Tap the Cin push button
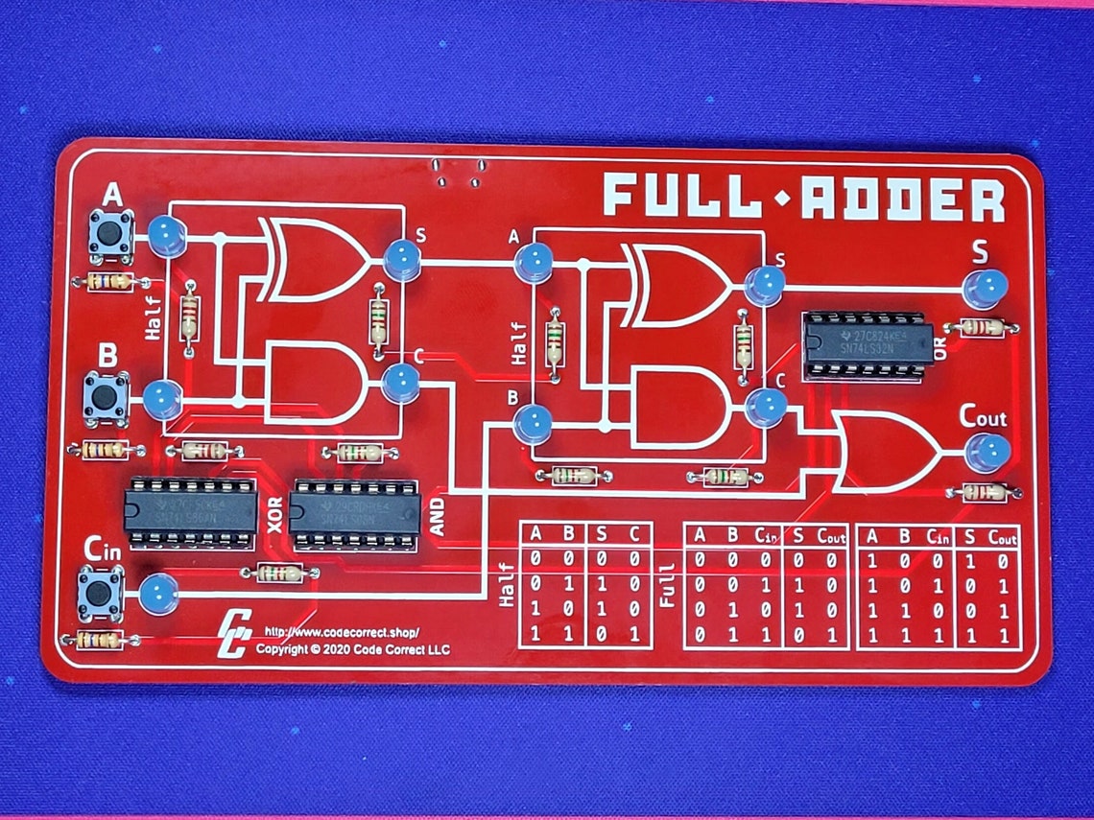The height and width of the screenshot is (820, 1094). point(99,593)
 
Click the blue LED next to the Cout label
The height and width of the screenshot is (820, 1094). point(987,452)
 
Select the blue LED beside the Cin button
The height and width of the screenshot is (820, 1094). point(158,594)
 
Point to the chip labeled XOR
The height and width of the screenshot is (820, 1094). point(191,512)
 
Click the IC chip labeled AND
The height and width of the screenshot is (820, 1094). point(355,514)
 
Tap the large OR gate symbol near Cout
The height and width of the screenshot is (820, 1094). point(883,451)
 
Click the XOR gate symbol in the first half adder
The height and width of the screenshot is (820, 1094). point(312,259)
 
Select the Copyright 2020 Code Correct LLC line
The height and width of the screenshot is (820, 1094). point(352,649)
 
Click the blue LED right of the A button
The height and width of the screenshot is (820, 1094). point(165,236)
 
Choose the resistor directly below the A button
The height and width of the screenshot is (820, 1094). point(110,282)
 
